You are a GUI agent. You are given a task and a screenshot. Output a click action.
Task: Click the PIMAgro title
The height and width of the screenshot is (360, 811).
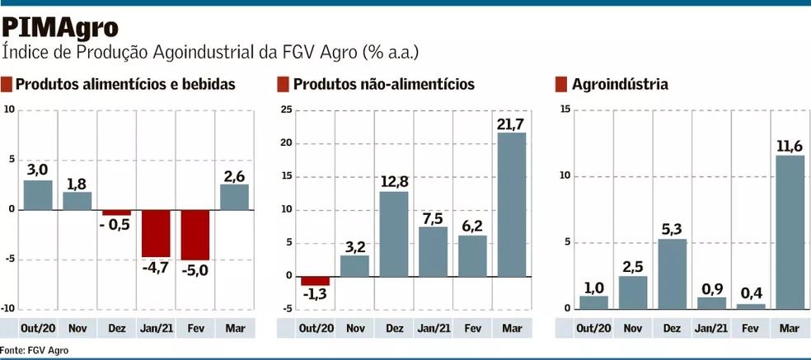(x=60, y=26)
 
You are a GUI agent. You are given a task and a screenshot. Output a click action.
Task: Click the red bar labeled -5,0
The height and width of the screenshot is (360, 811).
(x=195, y=235)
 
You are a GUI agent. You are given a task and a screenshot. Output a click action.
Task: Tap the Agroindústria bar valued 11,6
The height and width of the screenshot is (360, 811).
(x=789, y=231)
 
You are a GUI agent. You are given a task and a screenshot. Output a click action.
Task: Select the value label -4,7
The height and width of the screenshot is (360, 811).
(x=156, y=267)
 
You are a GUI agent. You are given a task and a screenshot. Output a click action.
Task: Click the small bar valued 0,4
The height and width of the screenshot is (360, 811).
(x=749, y=306)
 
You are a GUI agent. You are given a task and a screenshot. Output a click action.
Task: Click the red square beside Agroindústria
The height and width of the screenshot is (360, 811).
(x=561, y=84)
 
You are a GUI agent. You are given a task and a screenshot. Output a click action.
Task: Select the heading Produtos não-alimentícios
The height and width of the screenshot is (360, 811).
(x=383, y=84)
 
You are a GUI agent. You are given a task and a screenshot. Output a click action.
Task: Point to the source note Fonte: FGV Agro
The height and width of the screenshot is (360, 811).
(x=35, y=350)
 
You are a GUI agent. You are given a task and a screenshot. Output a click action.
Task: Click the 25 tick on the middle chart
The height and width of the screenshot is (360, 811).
(x=286, y=110)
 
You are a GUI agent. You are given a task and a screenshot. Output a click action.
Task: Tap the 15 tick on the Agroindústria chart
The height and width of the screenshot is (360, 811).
(x=565, y=110)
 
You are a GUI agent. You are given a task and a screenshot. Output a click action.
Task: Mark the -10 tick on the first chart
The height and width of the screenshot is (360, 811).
(x=8, y=309)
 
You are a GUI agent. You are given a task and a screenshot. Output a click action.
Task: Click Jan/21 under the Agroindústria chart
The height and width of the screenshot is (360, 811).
(x=710, y=328)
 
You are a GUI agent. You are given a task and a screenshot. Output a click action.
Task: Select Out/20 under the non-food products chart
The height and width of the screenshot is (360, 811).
(x=315, y=328)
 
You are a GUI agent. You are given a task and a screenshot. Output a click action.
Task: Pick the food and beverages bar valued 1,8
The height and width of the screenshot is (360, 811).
(x=77, y=200)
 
